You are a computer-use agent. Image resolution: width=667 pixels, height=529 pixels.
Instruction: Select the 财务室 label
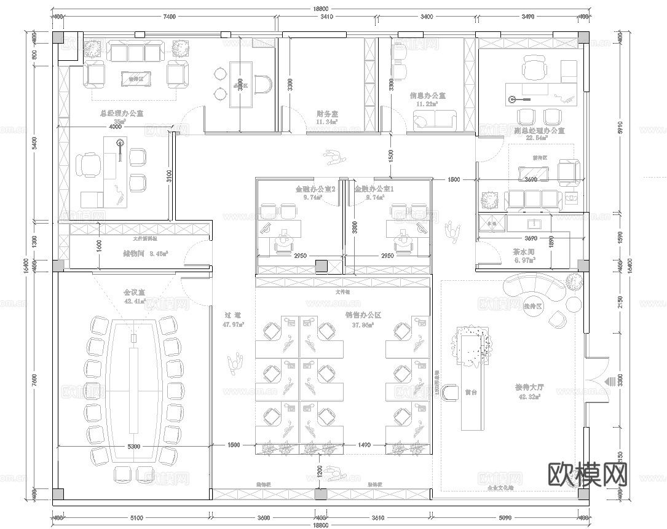tap(327, 114)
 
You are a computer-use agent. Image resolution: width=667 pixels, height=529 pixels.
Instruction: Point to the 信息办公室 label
tap(427, 96)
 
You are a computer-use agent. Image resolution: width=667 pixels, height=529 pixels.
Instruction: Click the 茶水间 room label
tap(524, 252)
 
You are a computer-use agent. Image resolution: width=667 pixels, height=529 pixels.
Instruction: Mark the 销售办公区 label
tap(363, 315)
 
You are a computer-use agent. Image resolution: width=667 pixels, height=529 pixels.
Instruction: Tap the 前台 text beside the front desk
tap(472, 391)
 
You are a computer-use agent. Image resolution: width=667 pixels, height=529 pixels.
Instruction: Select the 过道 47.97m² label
tap(233, 318)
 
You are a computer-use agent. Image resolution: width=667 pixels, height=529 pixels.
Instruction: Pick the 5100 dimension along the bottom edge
tap(136, 518)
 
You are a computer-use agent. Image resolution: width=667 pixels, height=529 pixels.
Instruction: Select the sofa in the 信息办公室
tap(435, 121)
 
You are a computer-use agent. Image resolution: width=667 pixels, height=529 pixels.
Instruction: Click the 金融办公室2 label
tap(315, 190)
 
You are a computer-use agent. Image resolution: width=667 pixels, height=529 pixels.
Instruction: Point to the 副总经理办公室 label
tap(539, 131)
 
